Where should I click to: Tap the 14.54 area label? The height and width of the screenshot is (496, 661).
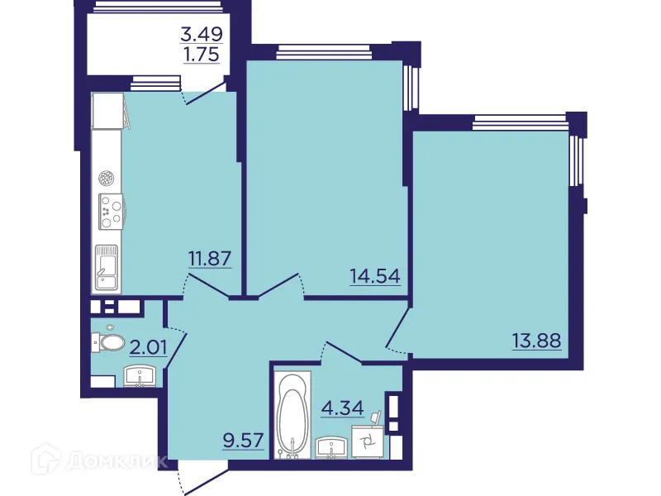(376, 276)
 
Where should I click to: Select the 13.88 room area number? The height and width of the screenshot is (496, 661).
(536, 340)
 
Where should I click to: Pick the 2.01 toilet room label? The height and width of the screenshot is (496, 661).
(149, 345)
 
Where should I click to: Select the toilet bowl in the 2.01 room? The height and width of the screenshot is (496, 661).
(109, 341)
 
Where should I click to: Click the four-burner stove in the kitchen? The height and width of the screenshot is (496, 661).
(110, 212)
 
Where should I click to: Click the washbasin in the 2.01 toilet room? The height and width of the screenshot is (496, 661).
(140, 378)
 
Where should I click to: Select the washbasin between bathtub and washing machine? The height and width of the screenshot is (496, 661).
(333, 447)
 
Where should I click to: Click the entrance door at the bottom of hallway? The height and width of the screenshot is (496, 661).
(201, 478)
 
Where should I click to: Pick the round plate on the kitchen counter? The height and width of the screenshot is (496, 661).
(107, 177)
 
